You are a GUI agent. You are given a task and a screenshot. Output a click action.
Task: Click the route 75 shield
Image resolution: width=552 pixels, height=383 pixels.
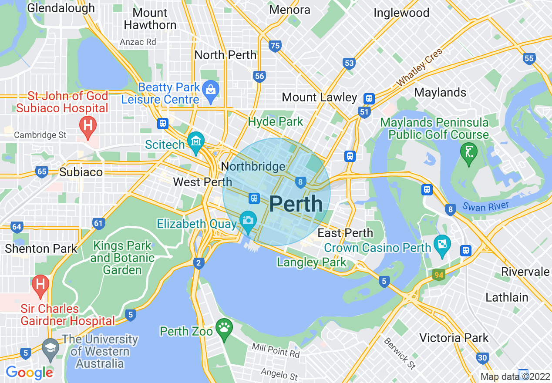[x=275, y=46]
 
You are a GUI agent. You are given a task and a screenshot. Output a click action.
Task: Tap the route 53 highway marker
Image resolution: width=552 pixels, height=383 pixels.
[x=349, y=64]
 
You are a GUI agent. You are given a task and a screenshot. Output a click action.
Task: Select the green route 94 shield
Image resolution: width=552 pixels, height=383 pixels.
[x=439, y=275]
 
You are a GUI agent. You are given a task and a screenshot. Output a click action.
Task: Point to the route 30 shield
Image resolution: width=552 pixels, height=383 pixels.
[x=482, y=358]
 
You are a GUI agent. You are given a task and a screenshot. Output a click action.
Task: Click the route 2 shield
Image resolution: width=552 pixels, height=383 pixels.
[x=199, y=263]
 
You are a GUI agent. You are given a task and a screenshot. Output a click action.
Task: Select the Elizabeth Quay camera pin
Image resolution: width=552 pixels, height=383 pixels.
[x=248, y=221]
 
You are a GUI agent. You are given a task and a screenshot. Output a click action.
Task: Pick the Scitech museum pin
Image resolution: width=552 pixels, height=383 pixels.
[x=196, y=142]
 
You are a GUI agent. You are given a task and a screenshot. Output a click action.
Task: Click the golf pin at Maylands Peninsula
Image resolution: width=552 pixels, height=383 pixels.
[x=469, y=153]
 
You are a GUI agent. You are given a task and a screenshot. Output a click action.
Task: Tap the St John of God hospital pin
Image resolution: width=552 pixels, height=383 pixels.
[x=88, y=127]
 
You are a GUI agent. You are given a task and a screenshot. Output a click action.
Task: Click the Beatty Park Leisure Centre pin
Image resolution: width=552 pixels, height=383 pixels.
[x=211, y=91]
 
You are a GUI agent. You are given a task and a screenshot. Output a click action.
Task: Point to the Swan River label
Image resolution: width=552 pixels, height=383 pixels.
[x=485, y=206]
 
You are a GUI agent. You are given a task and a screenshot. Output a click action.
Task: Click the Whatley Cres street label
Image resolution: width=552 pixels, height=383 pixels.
[x=419, y=67]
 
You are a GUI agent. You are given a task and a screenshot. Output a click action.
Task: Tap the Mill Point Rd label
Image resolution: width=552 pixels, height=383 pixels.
[x=276, y=350]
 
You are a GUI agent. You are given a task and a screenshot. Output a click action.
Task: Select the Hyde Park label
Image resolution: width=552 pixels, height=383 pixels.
[x=275, y=122]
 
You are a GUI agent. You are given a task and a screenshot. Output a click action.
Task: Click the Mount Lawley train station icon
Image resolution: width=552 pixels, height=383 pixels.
[x=370, y=99]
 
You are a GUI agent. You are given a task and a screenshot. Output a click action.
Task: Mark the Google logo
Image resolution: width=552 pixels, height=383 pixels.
[x=29, y=373]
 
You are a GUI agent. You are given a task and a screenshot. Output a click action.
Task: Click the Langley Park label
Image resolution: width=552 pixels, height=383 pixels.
[x=312, y=262]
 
